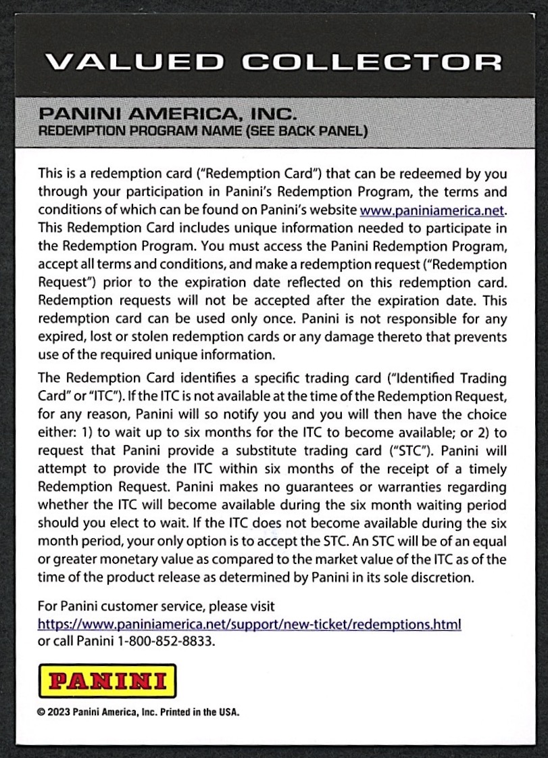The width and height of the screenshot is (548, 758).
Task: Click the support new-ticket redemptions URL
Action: pyautogui.click(x=249, y=623)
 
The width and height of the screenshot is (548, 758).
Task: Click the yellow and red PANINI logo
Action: pyautogui.click(x=108, y=680)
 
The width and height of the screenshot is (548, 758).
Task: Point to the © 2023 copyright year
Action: pyautogui.click(x=53, y=711)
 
